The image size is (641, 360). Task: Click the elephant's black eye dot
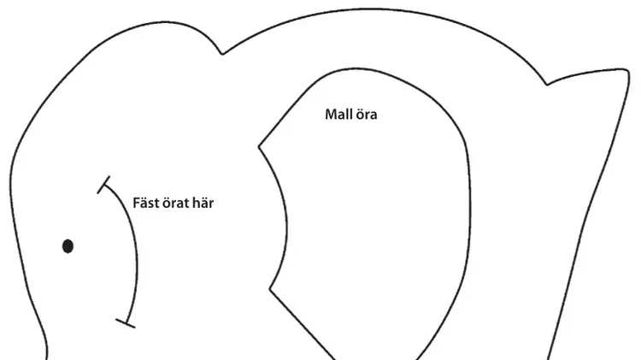68,246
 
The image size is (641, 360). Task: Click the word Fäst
145,203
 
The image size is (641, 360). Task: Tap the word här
203,203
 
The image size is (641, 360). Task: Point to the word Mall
337,114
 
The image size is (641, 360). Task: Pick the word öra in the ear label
365,115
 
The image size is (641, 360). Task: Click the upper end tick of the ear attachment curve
103,185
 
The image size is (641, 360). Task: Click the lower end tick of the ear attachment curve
126,323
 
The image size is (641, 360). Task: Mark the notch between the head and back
222,54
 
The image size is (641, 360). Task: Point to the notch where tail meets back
547,85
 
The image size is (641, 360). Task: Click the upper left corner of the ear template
258,146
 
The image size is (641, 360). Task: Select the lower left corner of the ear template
269,290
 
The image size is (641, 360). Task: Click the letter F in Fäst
137,204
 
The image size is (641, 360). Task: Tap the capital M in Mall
331,115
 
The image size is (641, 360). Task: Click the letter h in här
196,203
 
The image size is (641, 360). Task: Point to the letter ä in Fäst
144,204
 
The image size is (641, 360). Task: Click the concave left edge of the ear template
286,221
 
